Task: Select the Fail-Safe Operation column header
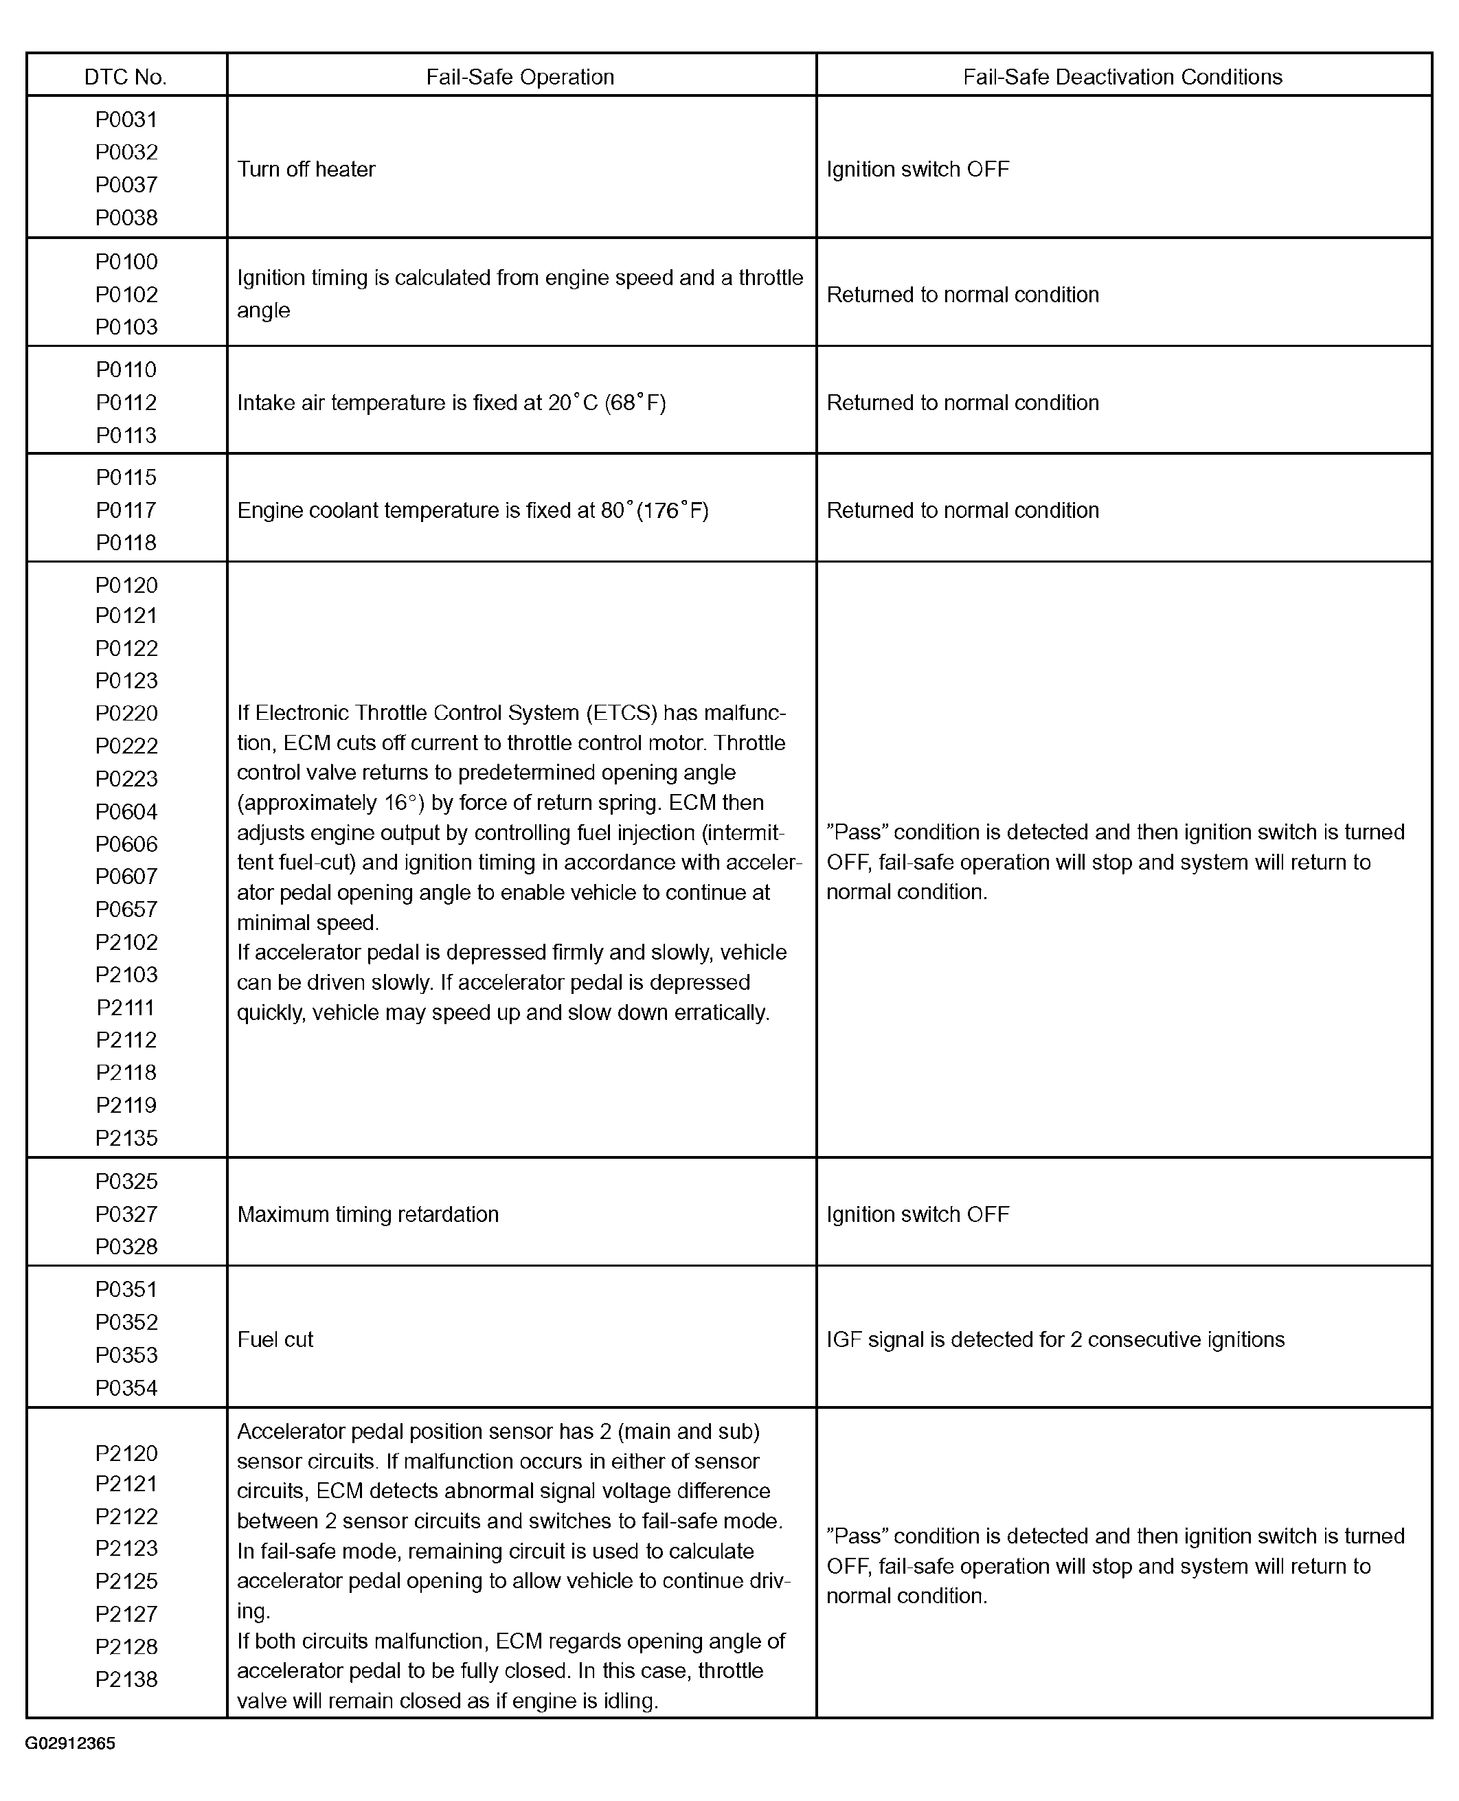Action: click(x=519, y=78)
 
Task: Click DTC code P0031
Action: click(x=126, y=120)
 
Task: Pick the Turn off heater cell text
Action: click(x=306, y=169)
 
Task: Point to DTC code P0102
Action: click(x=126, y=295)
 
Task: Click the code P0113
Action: click(x=126, y=435)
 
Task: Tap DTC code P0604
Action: click(x=126, y=812)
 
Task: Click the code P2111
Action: click(x=126, y=1008)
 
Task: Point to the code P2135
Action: click(x=126, y=1138)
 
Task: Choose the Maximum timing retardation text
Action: click(x=368, y=1214)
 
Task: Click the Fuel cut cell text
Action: click(x=275, y=1339)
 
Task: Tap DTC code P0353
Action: click(x=126, y=1355)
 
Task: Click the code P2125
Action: click(x=126, y=1581)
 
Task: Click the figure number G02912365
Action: click(x=71, y=1743)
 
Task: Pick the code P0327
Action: click(x=126, y=1214)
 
